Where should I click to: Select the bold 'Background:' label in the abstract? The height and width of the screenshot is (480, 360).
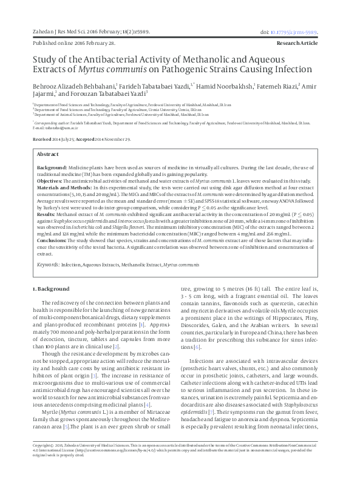pos(53,166)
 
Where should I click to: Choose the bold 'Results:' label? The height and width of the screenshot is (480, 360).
pos(47,215)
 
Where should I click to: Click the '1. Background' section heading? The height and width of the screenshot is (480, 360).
pos(50,289)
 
